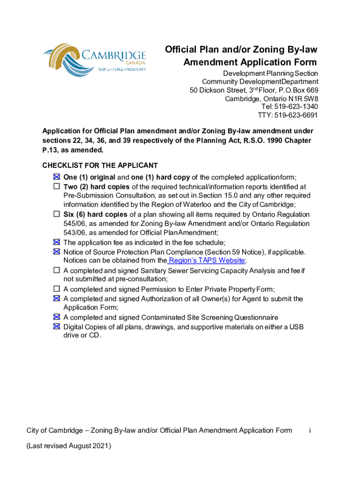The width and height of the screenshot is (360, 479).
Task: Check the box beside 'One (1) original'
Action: tap(57, 177)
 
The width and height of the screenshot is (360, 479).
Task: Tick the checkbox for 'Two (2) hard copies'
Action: tap(57, 186)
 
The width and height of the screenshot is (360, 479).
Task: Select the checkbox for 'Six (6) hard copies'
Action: tap(57, 214)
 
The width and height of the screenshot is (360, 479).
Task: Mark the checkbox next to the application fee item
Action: tap(57, 242)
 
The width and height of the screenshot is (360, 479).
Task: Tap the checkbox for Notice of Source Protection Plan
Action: tap(57, 252)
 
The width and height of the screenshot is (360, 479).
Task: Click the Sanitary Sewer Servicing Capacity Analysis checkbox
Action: tap(57, 270)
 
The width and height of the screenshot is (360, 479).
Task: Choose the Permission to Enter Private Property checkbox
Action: tap(57, 289)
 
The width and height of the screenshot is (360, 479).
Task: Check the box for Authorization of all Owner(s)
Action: tap(57, 298)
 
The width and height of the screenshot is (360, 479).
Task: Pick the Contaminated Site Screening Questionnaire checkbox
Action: tap(57, 317)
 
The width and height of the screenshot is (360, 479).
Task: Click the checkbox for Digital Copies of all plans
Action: tap(57, 327)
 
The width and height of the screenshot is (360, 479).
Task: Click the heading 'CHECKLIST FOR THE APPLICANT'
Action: tap(100, 166)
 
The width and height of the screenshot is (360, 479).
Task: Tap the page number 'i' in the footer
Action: tap(310, 430)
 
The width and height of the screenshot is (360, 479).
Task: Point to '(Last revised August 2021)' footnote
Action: tap(69, 446)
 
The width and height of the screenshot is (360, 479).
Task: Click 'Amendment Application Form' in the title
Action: tap(250, 63)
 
